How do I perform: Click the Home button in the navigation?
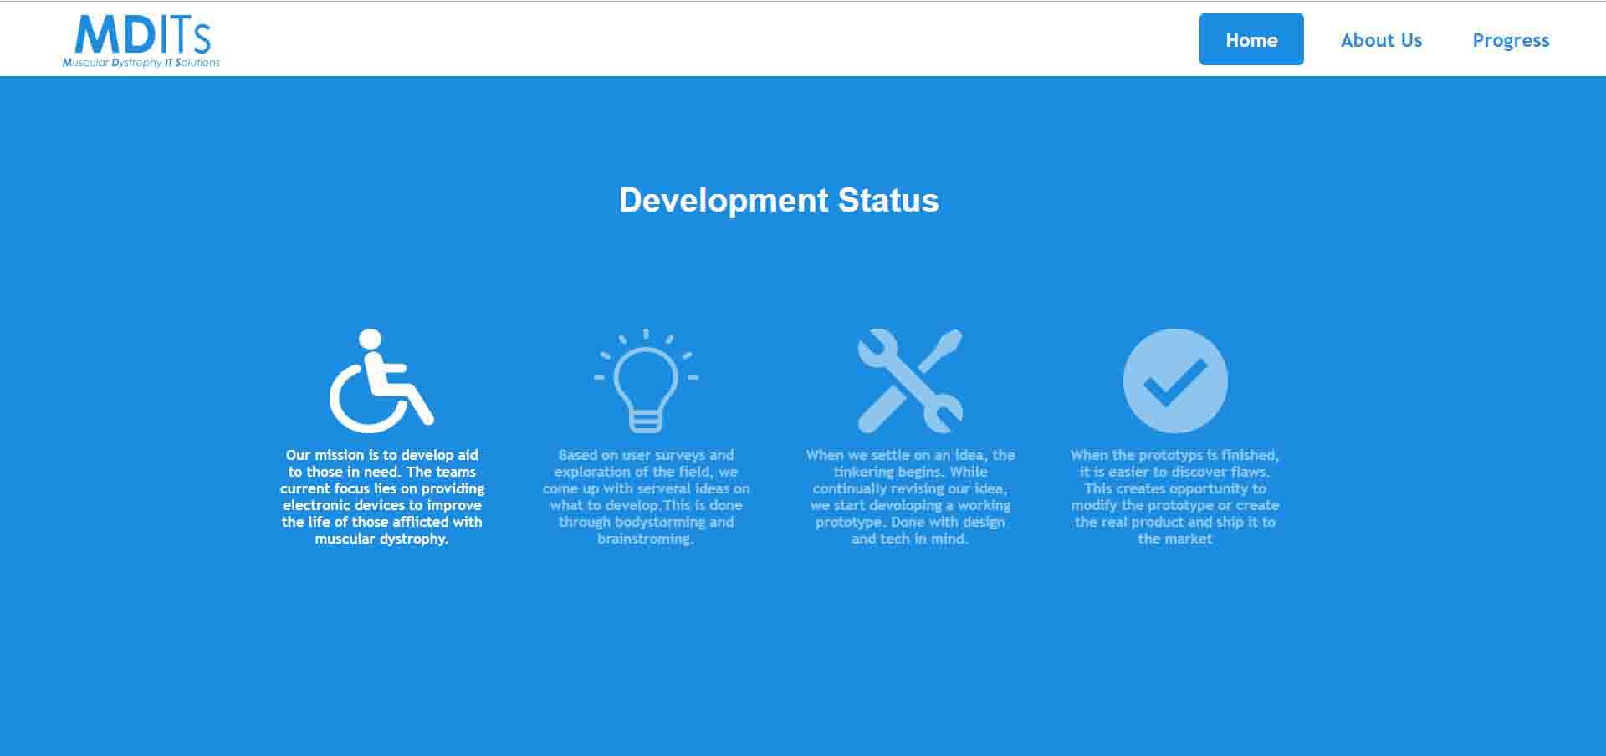pyautogui.click(x=1251, y=39)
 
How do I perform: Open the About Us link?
pyautogui.click(x=1381, y=40)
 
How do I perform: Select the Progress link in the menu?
pyautogui.click(x=1511, y=41)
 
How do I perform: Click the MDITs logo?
pyautogui.click(x=142, y=35)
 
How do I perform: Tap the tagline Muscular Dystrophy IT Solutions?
pyautogui.click(x=141, y=63)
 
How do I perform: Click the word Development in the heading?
pyautogui.click(x=724, y=201)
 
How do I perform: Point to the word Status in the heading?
pyautogui.click(x=888, y=200)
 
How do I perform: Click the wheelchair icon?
pyautogui.click(x=381, y=381)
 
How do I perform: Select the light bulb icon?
pyautogui.click(x=646, y=381)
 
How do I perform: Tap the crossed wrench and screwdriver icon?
pyautogui.click(x=910, y=381)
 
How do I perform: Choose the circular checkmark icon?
pyautogui.click(x=1175, y=381)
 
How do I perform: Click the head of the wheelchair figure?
pyautogui.click(x=370, y=339)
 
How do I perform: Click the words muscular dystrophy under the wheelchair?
pyautogui.click(x=381, y=539)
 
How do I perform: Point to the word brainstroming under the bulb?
pyautogui.click(x=645, y=539)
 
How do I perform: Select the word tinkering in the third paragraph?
pyautogui.click(x=863, y=472)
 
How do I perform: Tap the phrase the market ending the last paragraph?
pyautogui.click(x=1175, y=539)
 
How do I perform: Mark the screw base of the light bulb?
pyautogui.click(x=646, y=421)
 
